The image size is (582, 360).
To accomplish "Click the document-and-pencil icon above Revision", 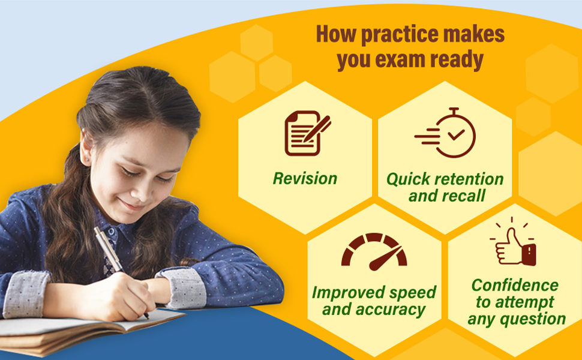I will point(307,133).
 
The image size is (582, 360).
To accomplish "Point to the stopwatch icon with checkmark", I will point(446,133).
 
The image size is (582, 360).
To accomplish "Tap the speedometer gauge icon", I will point(374,251).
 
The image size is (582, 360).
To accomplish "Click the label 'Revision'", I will point(305,178).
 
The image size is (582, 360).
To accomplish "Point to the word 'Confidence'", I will point(514,285).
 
